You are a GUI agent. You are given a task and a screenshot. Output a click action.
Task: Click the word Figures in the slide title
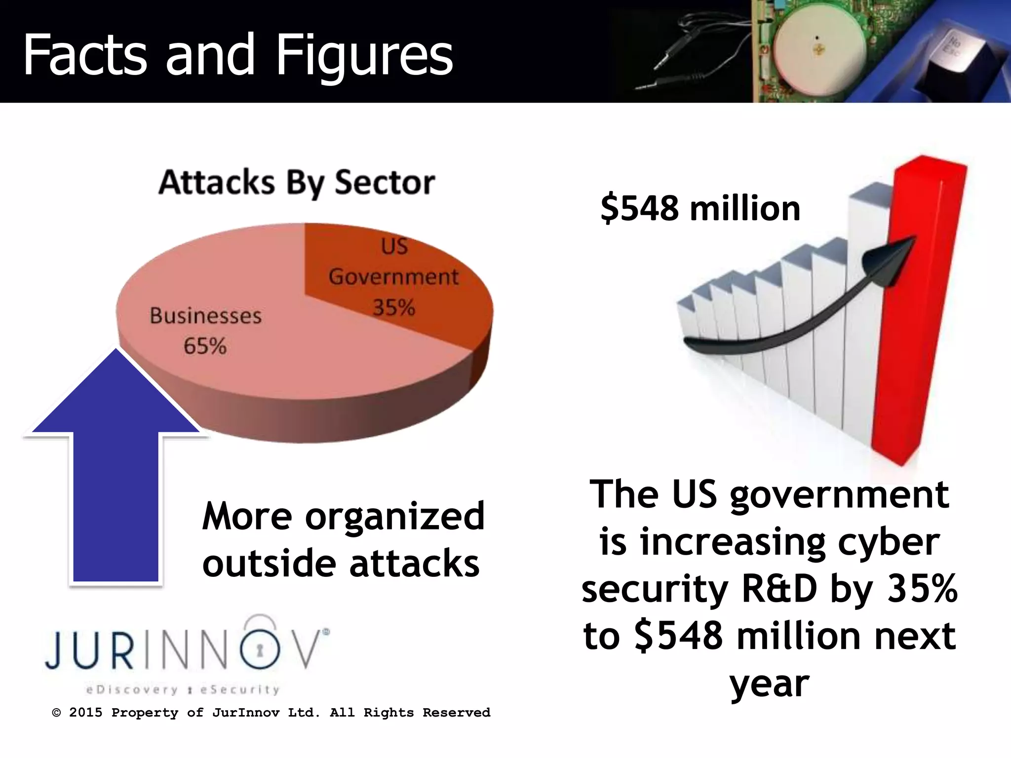364,55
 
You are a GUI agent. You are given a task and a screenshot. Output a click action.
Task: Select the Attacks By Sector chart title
297,183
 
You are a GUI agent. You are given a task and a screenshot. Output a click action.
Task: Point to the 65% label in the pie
205,346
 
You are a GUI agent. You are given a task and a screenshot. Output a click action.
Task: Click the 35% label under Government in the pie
393,307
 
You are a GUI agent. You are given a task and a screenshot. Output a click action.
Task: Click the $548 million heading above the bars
700,208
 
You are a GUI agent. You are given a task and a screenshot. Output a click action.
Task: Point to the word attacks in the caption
414,564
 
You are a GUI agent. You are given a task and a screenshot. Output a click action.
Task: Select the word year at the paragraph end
769,684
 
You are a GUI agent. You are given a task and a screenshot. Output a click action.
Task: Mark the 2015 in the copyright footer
85,713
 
